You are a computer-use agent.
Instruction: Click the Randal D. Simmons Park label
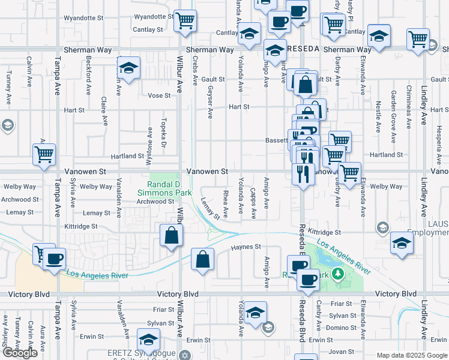pyautogui.click(x=164, y=188)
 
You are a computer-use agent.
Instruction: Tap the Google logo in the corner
pyautogui.click(x=20, y=352)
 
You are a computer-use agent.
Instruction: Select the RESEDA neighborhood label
pyautogui.click(x=304, y=47)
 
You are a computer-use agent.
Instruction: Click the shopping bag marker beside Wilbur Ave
pyautogui.click(x=172, y=235)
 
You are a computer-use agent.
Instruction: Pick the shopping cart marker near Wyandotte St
pyautogui.click(x=185, y=22)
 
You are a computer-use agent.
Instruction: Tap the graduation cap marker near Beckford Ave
pyautogui.click(x=128, y=68)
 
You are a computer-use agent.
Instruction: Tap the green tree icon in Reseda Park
pyautogui.click(x=337, y=274)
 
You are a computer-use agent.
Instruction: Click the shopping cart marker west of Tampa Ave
pyautogui.click(x=44, y=155)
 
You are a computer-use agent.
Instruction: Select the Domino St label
pyautogui.click(x=342, y=328)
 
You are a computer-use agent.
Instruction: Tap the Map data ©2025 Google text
pyautogui.click(x=411, y=355)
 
